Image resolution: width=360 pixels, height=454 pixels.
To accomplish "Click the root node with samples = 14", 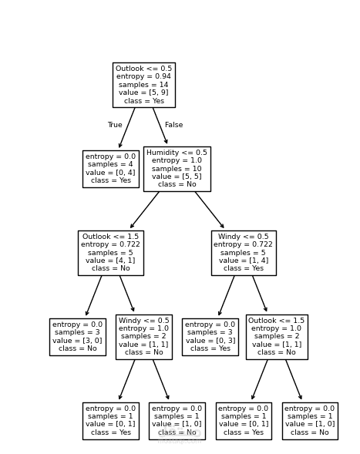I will pos(143,85).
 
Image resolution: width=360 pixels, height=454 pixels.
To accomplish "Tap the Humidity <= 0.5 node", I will pos(177,169).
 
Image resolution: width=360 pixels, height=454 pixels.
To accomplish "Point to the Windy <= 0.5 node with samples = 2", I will pos(143,337).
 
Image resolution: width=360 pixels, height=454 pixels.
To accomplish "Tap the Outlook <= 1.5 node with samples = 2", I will pos(276,337).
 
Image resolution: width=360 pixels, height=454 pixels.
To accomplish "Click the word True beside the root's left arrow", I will pos(115,125).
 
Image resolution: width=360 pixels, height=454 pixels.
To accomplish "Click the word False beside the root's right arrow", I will pos(173,125).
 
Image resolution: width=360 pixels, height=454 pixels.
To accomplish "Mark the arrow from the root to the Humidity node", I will pos(160,126).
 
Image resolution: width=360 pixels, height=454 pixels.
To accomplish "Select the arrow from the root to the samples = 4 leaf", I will pos(127,127).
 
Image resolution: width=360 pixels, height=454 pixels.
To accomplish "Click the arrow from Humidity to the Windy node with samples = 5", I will pos(209,210).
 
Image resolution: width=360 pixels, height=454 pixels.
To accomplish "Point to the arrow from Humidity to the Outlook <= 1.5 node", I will pos(145,210).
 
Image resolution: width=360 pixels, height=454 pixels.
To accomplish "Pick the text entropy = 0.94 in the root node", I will pos(143,77).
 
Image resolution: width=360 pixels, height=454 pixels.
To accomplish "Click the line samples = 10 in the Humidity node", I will pos(177,169).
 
